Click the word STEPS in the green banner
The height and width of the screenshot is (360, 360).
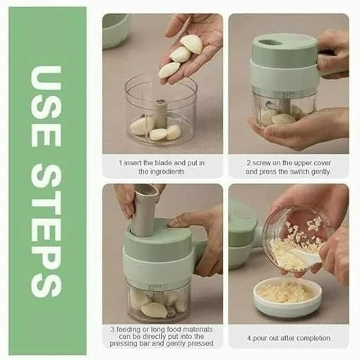(46, 231)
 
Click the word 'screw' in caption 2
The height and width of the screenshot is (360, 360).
(260, 163)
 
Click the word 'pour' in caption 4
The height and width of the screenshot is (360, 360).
(259, 338)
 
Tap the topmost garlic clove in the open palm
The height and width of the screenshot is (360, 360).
(191, 43)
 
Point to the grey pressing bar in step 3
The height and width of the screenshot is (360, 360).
(145, 210)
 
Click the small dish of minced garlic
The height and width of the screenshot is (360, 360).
(287, 296)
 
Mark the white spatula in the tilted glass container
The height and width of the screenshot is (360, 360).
(306, 256)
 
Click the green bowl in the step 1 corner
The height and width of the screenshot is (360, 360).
(115, 30)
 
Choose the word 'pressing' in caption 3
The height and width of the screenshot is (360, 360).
(130, 344)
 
